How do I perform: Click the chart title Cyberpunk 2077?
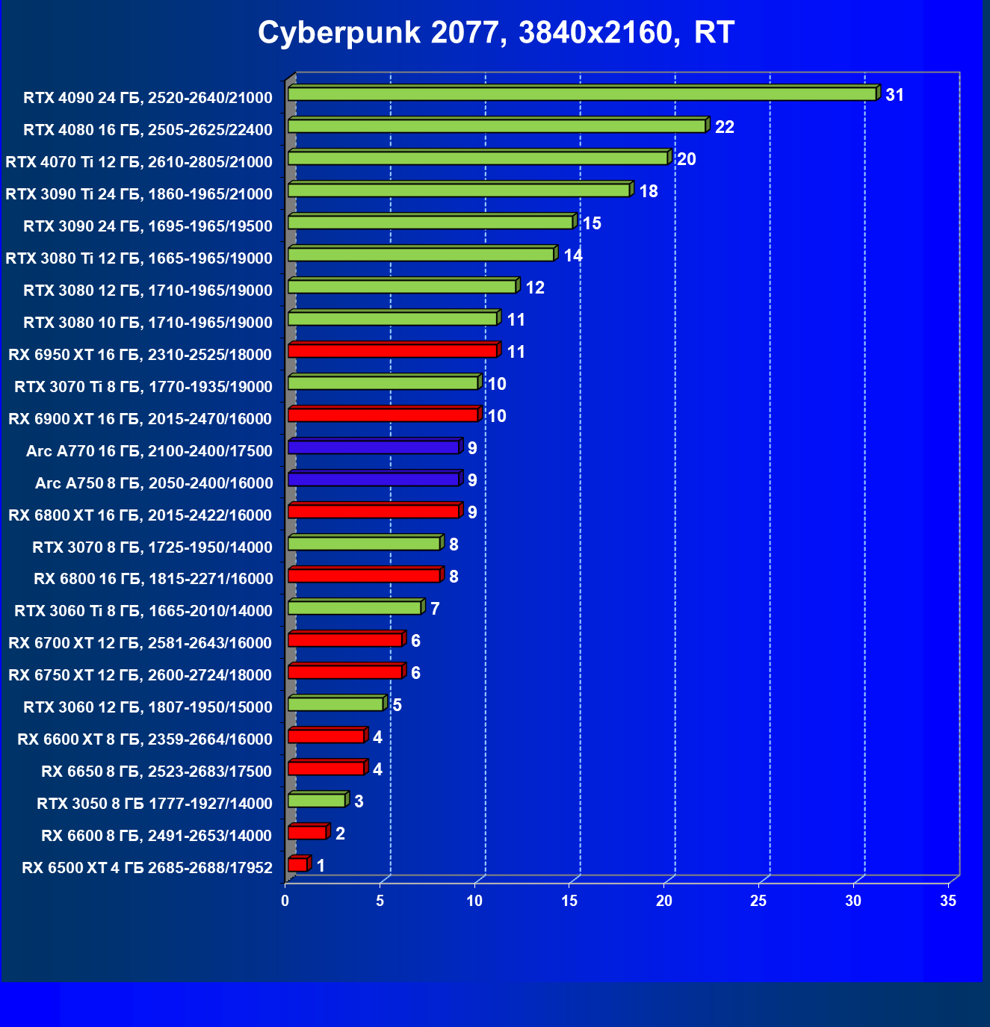[495, 32]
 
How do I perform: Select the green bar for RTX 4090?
[581, 94]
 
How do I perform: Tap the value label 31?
[894, 95]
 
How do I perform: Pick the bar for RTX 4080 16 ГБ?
[497, 126]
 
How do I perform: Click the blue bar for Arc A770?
[374, 447]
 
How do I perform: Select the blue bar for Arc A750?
[374, 480]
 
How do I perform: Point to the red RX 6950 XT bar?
[392, 351]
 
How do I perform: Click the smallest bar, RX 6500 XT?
[297, 865]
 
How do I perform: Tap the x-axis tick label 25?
[758, 902]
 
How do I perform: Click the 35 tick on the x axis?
[948, 902]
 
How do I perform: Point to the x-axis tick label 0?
[285, 902]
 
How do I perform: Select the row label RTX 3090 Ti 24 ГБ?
[139, 194]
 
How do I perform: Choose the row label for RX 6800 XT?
[140, 515]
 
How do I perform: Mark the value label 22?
[724, 127]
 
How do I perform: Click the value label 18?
[648, 191]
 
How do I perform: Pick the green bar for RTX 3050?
[317, 801]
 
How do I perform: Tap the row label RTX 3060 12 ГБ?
[148, 707]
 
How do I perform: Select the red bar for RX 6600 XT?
[326, 736]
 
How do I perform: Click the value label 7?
[434, 609]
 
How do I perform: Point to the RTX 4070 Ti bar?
[478, 158]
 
